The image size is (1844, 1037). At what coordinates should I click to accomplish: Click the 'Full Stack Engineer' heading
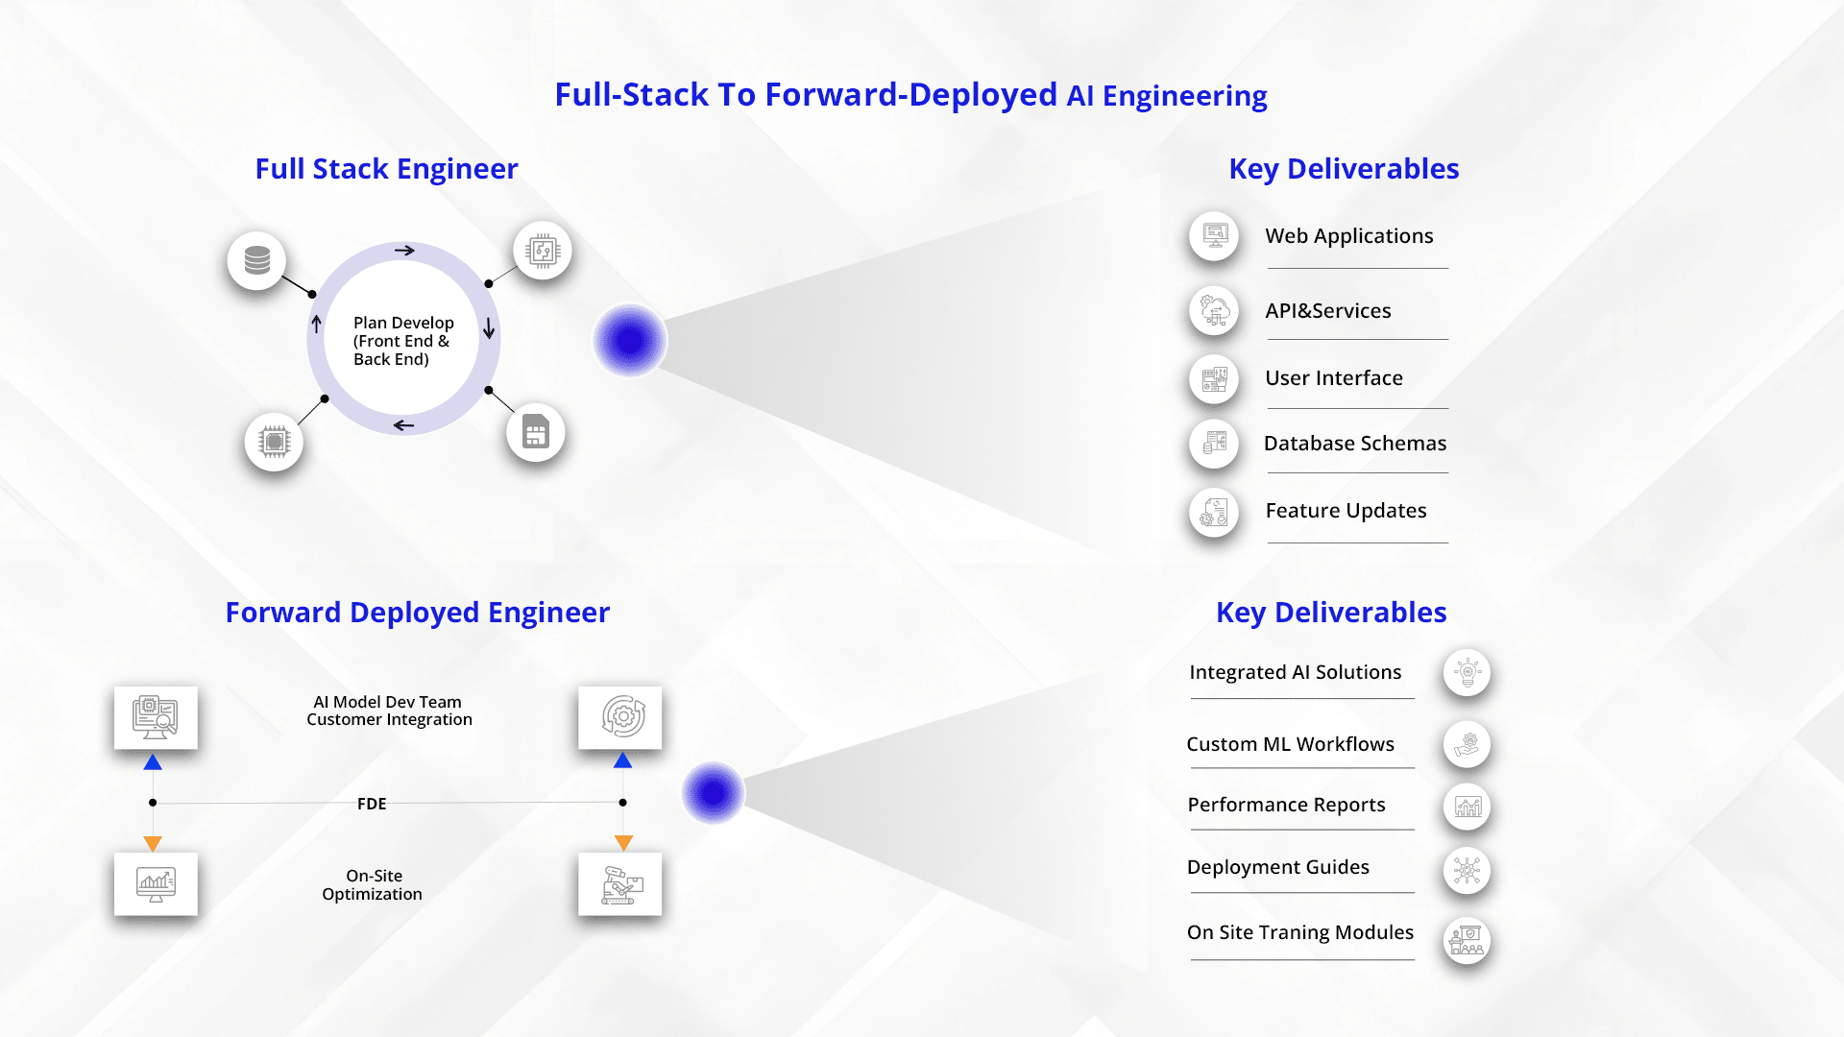click(x=386, y=169)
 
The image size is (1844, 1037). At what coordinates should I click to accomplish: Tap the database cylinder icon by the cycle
click(x=256, y=260)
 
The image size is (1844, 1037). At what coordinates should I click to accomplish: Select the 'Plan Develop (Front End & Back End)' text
click(x=402, y=341)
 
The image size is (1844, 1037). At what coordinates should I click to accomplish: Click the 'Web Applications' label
click(x=1348, y=236)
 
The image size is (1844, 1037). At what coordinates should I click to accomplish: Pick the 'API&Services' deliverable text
click(x=1327, y=311)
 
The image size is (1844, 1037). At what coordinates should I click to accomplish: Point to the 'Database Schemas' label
click(x=1354, y=444)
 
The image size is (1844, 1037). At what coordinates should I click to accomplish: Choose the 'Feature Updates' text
click(x=1346, y=511)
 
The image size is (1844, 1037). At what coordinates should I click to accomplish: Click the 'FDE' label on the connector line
click(x=372, y=804)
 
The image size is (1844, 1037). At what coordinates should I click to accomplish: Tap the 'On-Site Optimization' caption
click(x=372, y=885)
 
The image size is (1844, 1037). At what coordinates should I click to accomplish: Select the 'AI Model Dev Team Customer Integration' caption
click(x=389, y=711)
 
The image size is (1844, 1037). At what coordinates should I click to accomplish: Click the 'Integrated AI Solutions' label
click(x=1295, y=672)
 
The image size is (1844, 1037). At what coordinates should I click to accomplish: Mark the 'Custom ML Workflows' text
click(x=1290, y=744)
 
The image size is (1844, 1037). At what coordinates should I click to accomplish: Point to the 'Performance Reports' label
click(x=1286, y=805)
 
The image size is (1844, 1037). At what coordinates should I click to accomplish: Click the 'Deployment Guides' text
click(x=1277, y=867)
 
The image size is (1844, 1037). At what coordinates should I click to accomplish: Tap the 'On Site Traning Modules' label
click(x=1299, y=932)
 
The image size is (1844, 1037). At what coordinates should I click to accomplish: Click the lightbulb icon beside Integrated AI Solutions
click(x=1467, y=673)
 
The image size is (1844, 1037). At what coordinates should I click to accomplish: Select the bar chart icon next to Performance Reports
click(x=1467, y=807)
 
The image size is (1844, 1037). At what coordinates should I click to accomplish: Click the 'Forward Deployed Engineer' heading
click(x=417, y=613)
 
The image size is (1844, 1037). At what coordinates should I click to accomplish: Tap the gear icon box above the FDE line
click(x=620, y=717)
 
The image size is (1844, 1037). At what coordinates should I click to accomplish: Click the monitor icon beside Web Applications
click(x=1215, y=235)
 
